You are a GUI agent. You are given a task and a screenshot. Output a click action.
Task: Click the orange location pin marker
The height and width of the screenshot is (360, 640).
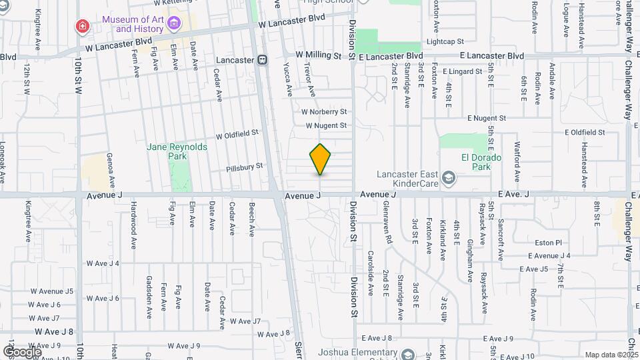click(x=321, y=159)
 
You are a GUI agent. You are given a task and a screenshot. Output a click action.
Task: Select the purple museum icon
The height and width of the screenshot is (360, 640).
click(x=174, y=25)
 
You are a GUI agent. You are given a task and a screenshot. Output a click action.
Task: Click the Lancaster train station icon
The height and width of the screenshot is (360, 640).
click(x=263, y=59)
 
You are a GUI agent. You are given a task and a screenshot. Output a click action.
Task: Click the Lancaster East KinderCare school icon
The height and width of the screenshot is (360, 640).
click(x=449, y=177)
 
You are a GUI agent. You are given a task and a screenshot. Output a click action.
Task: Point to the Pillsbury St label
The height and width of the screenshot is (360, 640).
click(x=245, y=167)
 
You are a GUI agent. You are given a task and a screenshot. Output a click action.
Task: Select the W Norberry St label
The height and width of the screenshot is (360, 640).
click(x=324, y=112)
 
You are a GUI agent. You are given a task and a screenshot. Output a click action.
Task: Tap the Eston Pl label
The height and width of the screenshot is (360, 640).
click(x=550, y=243)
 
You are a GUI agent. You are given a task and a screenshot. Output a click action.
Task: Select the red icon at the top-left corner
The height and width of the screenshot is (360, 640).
click(x=82, y=26)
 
